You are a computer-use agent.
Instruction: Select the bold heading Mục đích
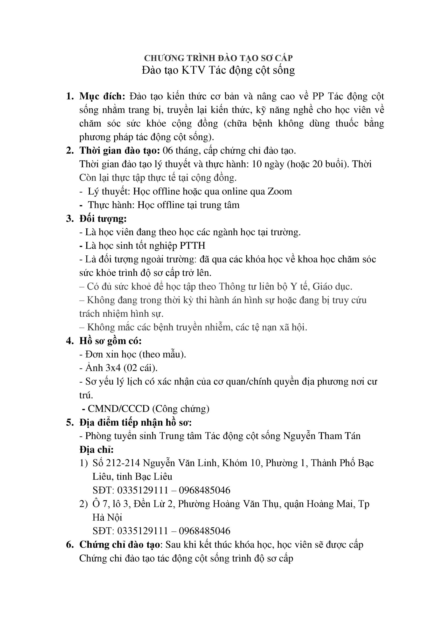(102, 96)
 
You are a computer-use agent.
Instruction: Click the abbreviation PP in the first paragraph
(318, 96)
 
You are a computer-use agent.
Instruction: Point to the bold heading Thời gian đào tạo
(120, 150)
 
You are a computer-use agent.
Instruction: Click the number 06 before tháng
(168, 150)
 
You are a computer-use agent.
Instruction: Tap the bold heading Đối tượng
(103, 218)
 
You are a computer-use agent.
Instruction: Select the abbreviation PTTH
(192, 246)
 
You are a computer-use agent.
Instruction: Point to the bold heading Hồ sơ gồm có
(110, 341)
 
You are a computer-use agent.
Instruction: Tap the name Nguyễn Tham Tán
(322, 436)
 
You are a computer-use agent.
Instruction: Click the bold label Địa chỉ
(96, 449)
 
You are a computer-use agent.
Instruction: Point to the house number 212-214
(123, 463)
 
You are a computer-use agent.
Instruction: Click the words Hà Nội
(107, 517)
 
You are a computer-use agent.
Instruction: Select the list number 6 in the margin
(70, 545)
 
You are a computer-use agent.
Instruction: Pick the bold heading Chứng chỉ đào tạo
(119, 545)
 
